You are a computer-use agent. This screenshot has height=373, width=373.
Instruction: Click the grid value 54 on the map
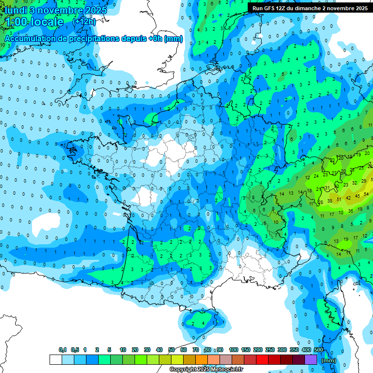(x=366, y=194)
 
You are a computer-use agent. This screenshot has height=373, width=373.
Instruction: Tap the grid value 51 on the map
(x=339, y=198)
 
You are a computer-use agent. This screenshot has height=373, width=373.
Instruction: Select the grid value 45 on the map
(x=357, y=196)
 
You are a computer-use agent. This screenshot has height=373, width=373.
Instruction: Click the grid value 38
(x=330, y=201)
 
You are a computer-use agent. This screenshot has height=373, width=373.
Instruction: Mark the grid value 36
(x=351, y=211)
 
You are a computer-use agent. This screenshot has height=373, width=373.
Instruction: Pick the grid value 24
(x=316, y=176)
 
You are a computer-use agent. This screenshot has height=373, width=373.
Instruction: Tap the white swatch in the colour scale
(x=55, y=360)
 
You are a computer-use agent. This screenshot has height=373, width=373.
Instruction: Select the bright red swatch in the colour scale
(x=262, y=360)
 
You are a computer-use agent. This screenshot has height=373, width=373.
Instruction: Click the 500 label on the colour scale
(x=319, y=350)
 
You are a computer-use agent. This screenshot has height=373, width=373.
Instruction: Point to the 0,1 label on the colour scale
(x=62, y=350)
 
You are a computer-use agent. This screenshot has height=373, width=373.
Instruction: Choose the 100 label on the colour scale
(x=233, y=350)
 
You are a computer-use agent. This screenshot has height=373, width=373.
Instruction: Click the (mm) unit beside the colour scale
(x=329, y=360)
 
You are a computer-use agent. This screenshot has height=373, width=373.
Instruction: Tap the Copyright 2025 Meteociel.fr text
(x=206, y=370)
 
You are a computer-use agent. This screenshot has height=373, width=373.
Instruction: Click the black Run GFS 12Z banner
(x=310, y=8)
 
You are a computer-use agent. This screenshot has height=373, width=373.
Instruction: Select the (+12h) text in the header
(x=84, y=22)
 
